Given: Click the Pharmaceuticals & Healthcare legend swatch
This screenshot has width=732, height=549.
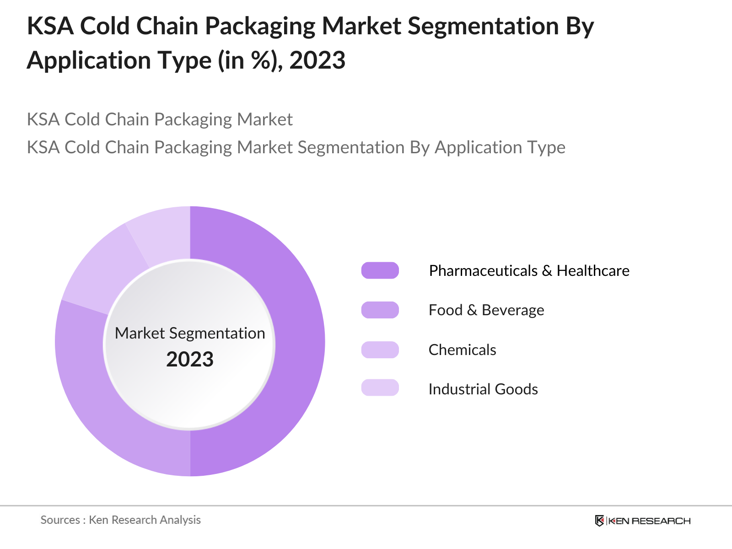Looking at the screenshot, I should coord(380,270).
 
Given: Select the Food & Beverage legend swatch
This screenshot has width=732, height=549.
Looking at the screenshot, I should coord(380,310).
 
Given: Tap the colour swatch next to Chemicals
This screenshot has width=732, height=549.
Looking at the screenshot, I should coord(380,350).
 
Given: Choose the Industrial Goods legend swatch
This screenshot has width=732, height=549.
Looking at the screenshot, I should coord(380,388).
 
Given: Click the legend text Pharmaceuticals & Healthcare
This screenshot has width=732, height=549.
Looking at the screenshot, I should coord(529,271).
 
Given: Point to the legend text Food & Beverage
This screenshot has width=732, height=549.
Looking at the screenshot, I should coord(486,310).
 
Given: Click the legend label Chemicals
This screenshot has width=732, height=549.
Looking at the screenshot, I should coord(462,350).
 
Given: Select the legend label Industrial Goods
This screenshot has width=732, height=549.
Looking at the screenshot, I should coord(483,389).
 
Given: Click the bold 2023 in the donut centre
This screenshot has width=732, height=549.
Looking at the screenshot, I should coord(190,360).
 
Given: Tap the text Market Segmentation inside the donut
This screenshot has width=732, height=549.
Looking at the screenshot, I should coord(190,333).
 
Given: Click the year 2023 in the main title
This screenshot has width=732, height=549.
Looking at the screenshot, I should coord(317,60).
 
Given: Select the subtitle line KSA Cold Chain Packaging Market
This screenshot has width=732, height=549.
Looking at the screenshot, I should coord(160,119).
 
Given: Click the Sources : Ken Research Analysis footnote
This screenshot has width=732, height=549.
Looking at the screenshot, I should coord(121,520).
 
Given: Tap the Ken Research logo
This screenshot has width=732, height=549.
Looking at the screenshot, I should coord(642,521).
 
